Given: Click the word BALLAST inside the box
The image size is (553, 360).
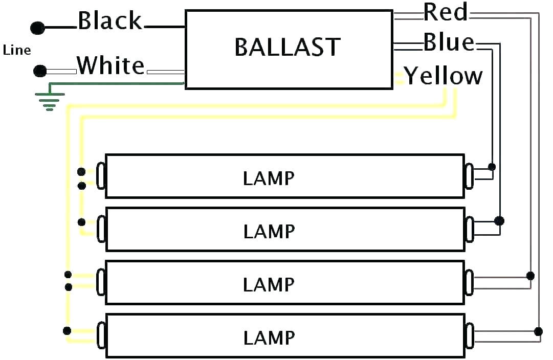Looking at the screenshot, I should [287, 48].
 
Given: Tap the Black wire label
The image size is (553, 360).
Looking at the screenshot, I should [110, 21].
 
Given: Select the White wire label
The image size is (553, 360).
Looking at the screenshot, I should [111, 66].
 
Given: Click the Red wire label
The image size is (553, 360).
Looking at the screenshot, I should [446, 12].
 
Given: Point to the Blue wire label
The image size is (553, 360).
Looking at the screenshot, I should [449, 43].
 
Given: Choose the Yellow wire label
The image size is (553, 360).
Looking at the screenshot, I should [444, 76].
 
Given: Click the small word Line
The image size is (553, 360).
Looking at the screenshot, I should [17, 50].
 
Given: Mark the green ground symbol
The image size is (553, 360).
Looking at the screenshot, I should [49, 101].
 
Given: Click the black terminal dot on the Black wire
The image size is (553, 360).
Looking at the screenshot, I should [37, 28].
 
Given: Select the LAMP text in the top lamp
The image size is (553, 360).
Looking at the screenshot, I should [269, 178].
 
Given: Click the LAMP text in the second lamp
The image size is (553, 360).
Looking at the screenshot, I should [269, 232].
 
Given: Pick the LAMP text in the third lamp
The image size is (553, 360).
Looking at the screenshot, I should [269, 285].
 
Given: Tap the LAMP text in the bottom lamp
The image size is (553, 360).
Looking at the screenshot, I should [269, 338].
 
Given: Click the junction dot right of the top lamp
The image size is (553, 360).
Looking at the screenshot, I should [492, 167].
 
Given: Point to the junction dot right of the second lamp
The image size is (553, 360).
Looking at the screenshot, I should [499, 221].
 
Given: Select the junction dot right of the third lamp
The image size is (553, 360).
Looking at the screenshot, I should [530, 276].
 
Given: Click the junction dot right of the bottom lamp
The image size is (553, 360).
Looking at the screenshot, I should [538, 331].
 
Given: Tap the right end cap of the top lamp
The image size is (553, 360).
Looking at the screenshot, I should [469, 176].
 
